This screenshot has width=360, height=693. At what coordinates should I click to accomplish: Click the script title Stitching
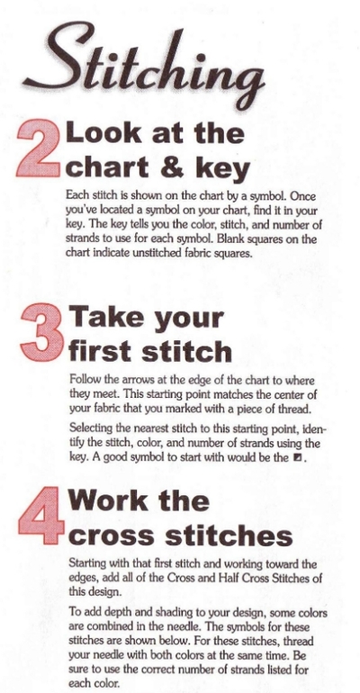click(x=144, y=67)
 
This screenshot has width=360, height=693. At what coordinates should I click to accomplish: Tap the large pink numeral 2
click(x=39, y=148)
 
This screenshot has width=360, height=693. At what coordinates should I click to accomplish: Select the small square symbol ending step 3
click(x=297, y=457)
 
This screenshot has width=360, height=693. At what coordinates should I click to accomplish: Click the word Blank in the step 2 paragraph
click(x=256, y=239)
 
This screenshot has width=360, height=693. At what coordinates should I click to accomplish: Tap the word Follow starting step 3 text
click(x=83, y=379)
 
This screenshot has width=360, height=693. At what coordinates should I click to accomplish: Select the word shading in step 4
click(x=167, y=614)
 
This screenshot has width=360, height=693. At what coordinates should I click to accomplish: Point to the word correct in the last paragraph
click(x=133, y=670)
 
